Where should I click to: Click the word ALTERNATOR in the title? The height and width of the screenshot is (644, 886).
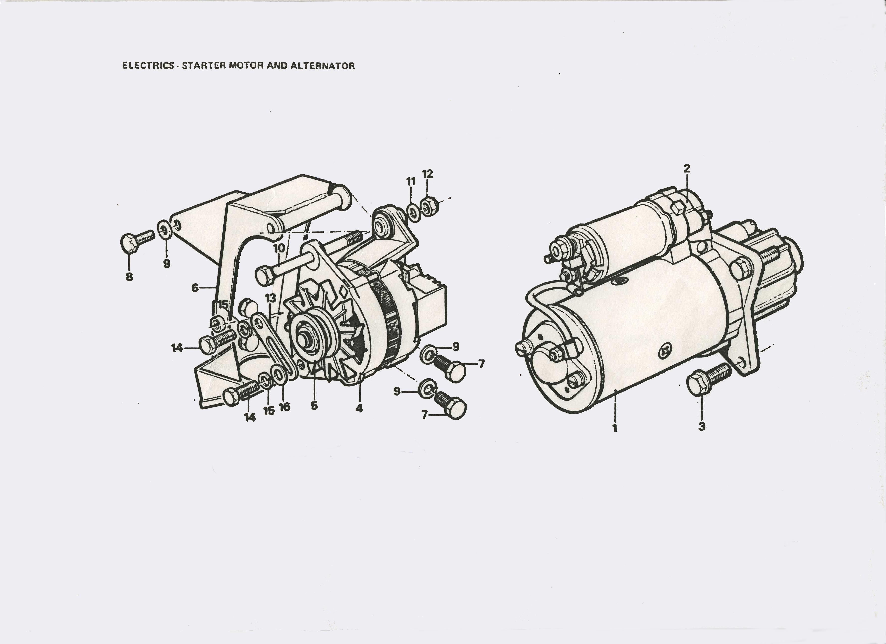point(322,66)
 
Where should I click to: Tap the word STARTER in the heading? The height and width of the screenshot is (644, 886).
point(204,66)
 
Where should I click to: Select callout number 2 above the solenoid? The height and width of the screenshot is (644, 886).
point(687,169)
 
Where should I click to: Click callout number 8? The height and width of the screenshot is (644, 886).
point(129,277)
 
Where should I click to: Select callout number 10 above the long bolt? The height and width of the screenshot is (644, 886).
point(279,248)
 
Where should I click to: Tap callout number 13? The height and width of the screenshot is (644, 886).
point(270,298)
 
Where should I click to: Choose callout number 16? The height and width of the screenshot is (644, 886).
point(284,407)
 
